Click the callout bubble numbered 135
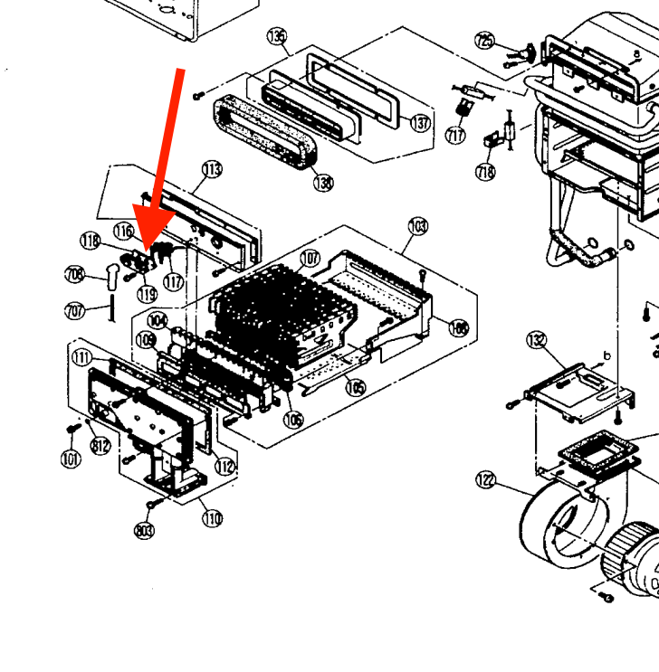pos(277,36)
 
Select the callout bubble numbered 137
pos(420,122)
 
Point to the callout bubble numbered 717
pos(455,136)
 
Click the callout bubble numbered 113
pos(212,168)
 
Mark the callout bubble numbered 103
pos(417,224)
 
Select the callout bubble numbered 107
pos(310,259)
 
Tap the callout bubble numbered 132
pos(537,340)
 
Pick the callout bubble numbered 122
pos(486,480)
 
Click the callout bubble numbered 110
pos(212,518)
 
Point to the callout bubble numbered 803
pos(144,530)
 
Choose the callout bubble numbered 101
pos(71,459)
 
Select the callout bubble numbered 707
pos(75,310)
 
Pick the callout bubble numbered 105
pos(355,388)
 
